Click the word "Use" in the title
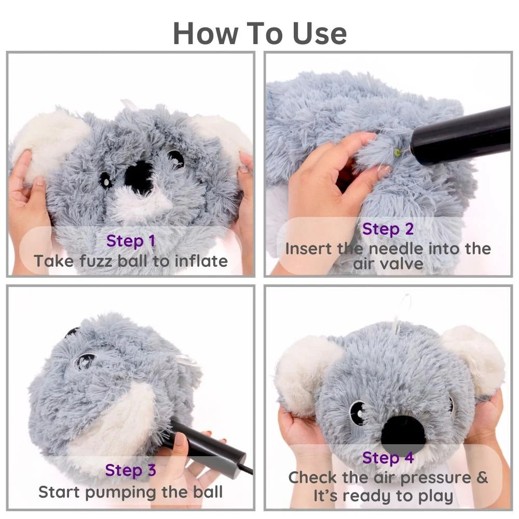pyautogui.click(x=320, y=33)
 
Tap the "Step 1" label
pyautogui.click(x=131, y=241)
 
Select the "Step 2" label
pyautogui.click(x=388, y=229)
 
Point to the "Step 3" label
pyautogui.click(x=130, y=470)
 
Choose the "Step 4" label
pyautogui.click(x=388, y=458)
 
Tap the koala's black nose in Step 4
pyautogui.click(x=403, y=431)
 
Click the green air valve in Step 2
pyautogui.click(x=397, y=152)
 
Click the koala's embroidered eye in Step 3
pyautogui.click(x=85, y=362)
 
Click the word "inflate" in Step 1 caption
pyautogui.click(x=201, y=261)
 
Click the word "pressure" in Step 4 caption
pyautogui.click(x=435, y=478)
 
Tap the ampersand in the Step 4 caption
pyautogui.click(x=482, y=477)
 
